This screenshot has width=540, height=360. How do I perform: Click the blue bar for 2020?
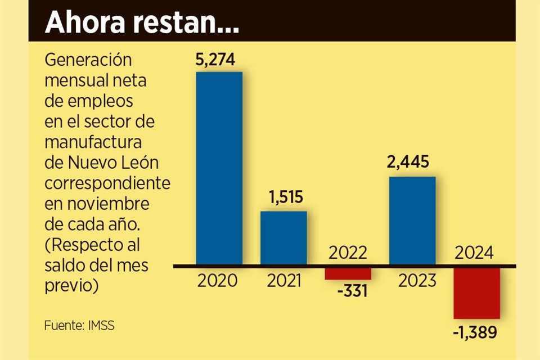click(219, 168)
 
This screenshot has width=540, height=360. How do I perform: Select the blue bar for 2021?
click(283, 237)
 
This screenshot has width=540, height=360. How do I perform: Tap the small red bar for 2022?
click(348, 272)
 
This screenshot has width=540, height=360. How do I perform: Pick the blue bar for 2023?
click(412, 220)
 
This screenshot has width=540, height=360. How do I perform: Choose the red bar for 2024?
click(477, 292)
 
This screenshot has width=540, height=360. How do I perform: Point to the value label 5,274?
click(219, 59)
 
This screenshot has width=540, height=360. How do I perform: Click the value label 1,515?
click(283, 198)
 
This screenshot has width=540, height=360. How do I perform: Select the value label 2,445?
click(412, 163)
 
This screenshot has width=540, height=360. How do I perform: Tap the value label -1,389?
click(475, 333)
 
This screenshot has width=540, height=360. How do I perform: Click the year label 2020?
click(219, 280)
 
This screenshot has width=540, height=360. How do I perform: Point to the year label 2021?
click(283, 280)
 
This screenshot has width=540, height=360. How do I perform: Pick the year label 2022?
click(348, 252)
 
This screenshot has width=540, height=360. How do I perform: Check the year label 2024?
click(475, 253)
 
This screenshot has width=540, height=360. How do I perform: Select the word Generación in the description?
click(87, 60)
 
